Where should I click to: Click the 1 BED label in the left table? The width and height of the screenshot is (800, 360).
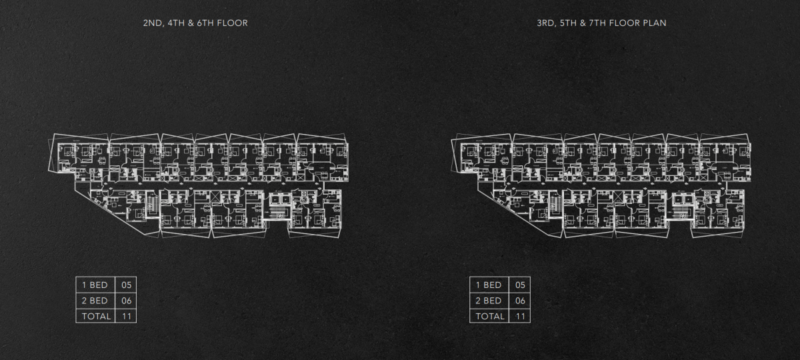point(95,285)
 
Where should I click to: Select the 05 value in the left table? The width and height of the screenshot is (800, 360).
point(127,285)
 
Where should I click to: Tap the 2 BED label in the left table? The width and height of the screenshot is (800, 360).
point(95,301)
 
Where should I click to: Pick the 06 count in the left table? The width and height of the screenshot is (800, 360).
point(127,301)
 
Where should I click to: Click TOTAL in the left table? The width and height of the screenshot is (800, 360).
point(96,317)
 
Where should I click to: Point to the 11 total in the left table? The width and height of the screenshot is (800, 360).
point(127,317)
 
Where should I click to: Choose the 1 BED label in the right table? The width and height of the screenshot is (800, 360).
point(489,285)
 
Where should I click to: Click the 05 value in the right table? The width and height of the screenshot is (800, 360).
point(520,285)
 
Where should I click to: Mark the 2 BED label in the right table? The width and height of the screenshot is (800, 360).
point(489,301)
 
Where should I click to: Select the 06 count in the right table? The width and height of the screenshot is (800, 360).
point(520,301)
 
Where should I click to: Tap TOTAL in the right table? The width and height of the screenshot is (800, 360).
point(490,317)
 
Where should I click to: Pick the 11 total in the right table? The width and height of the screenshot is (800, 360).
point(521,317)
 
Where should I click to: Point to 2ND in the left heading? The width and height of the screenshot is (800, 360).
point(153,23)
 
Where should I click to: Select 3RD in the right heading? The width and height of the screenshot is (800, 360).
point(546,23)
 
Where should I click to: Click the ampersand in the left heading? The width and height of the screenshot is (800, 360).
point(191,23)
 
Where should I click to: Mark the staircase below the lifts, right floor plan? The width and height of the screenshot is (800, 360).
point(683,212)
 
